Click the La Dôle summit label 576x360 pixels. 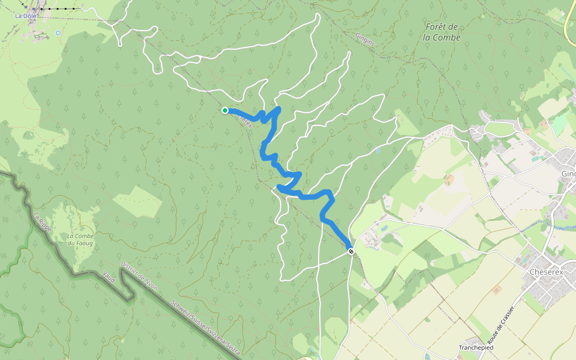click(x=25, y=16)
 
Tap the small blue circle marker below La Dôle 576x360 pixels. click(x=58, y=33)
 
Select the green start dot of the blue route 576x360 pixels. click(x=225, y=110)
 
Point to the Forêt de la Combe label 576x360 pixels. click(x=442, y=32)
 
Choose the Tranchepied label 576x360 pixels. click(x=476, y=347)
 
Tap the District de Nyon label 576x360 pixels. click(x=139, y=275)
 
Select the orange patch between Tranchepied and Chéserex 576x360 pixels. click(x=497, y=290)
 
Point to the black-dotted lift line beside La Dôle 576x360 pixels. click(x=57, y=9)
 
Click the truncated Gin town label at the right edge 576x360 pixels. click(x=568, y=174)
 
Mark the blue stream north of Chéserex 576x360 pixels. click(x=561, y=227)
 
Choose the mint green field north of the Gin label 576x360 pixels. click(x=560, y=124)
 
